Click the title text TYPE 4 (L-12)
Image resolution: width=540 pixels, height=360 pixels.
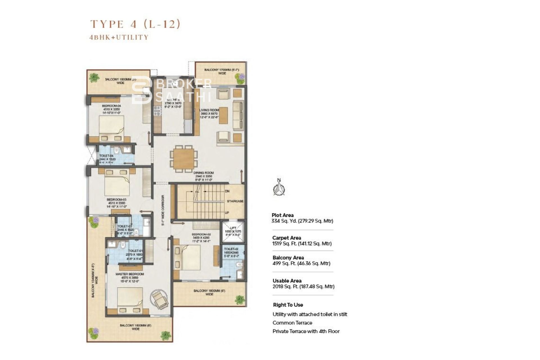135,24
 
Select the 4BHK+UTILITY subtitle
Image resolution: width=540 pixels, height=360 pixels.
119,37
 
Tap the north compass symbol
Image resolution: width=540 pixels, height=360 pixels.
279,188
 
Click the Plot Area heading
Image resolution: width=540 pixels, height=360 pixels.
282,215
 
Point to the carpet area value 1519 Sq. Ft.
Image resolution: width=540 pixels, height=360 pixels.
302,244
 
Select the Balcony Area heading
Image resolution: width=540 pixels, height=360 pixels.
288,258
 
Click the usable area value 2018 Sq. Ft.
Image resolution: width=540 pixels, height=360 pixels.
303,287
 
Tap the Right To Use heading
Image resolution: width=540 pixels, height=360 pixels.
288,305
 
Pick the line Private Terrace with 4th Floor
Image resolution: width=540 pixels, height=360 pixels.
306,331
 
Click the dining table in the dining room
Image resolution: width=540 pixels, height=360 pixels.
184,159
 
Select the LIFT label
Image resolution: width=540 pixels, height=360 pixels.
233,228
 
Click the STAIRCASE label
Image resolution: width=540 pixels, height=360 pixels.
235,201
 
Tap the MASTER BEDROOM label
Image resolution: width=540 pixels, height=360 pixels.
130,274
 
